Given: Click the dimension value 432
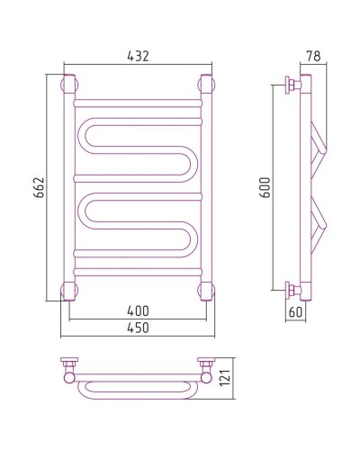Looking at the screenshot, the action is (x=138, y=56).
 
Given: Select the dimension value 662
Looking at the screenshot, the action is (x=39, y=187).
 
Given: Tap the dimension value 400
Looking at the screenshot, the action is (x=138, y=311).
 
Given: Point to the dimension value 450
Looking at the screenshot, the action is (x=138, y=328).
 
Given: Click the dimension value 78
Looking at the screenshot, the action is (x=313, y=56).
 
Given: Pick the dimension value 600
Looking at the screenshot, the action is (x=265, y=187).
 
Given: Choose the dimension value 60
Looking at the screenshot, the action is (x=295, y=312).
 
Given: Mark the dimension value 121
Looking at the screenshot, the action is (x=225, y=378).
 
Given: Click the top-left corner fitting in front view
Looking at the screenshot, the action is (x=69, y=84).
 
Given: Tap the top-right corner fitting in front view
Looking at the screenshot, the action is (x=206, y=84).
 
